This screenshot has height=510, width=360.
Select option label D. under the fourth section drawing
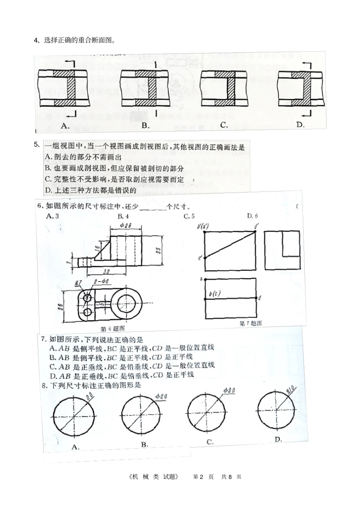pyautogui.click(x=301, y=125)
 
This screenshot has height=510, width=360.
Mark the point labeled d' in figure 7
pyautogui.click(x=257, y=227)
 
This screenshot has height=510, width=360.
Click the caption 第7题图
pyautogui.click(x=250, y=323)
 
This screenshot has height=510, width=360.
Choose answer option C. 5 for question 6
pyautogui.click(x=189, y=217)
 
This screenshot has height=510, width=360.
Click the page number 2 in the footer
pyautogui.click(x=202, y=477)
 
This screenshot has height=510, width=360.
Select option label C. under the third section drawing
pyautogui.click(x=224, y=125)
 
